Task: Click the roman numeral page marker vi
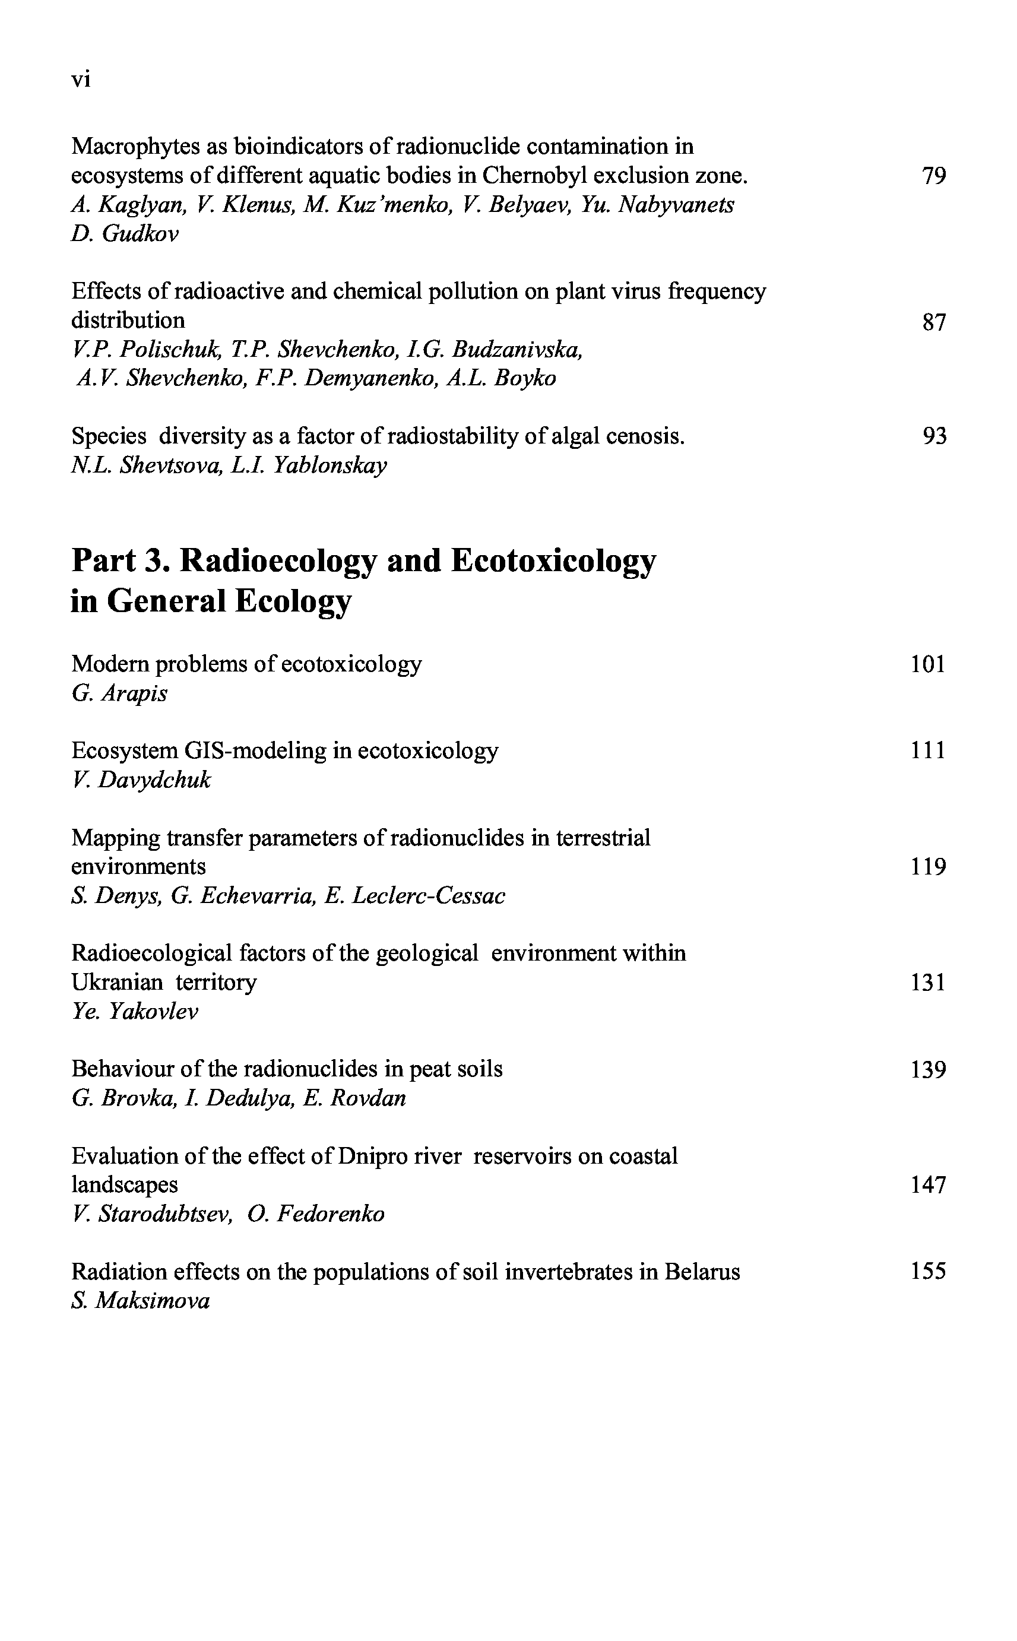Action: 81,80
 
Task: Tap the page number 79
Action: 934,176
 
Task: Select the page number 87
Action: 934,323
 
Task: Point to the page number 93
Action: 934,436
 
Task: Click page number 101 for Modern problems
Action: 928,664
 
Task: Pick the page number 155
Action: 928,1271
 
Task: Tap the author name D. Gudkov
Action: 125,234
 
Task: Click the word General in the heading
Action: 165,601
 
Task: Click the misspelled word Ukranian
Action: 117,983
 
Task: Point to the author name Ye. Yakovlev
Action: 135,1012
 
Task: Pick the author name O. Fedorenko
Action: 315,1214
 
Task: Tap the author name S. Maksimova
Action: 141,1301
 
